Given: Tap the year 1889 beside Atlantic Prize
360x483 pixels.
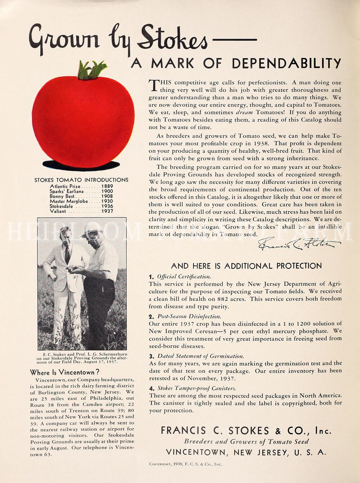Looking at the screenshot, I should click(107, 186).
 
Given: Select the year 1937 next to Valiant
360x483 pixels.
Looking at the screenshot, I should click(107, 211).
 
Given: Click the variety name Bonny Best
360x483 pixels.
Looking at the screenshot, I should click(62, 196).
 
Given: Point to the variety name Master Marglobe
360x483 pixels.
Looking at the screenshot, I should click(68, 201).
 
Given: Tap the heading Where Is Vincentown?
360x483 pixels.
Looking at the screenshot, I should click(64, 373).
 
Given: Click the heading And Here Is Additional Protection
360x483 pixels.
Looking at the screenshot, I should click(246, 266).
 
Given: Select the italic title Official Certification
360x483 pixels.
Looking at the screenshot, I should click(184, 277).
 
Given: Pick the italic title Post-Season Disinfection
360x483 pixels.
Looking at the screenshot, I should click(189, 316).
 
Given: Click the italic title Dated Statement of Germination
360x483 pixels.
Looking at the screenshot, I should click(201, 356).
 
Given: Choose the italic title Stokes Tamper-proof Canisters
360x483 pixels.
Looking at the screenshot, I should click(197, 388).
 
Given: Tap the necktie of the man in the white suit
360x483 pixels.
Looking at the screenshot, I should click(67, 254).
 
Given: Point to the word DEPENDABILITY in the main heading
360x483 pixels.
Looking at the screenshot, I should click(286, 63).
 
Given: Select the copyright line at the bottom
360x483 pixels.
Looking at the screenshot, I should click(185, 464).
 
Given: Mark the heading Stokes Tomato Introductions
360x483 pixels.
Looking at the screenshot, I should click(81, 180).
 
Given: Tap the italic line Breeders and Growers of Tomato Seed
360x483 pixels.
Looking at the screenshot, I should click(246, 442).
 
